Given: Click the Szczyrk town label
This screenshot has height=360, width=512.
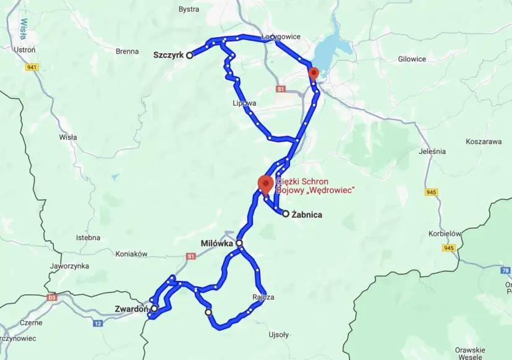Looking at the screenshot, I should (x=168, y=55).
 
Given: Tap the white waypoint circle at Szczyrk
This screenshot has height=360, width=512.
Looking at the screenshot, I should (x=190, y=55).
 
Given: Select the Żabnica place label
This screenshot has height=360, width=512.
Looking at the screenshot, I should (x=307, y=215).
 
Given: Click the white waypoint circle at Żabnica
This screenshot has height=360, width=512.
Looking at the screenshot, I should (x=286, y=214).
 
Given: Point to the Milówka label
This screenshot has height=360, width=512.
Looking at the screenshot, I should (x=216, y=244).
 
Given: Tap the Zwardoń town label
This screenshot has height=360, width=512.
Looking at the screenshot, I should (x=130, y=308).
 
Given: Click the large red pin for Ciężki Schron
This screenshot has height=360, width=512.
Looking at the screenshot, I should (x=266, y=184).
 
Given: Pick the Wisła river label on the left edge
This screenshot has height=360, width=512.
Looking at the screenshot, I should (x=23, y=28).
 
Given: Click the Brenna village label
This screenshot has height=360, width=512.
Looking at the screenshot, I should (x=127, y=51).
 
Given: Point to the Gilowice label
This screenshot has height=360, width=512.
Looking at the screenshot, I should (x=412, y=59).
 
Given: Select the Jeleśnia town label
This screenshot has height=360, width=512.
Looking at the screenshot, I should (x=432, y=151).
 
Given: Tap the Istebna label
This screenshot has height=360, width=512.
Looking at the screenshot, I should (x=88, y=238).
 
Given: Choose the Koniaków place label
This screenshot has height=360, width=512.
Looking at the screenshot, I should (x=131, y=254).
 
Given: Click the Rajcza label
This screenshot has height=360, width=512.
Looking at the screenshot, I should (x=263, y=297).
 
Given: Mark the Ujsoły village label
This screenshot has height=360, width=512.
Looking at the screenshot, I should (x=278, y=335).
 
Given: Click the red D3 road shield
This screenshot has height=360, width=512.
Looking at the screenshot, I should (x=52, y=298).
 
